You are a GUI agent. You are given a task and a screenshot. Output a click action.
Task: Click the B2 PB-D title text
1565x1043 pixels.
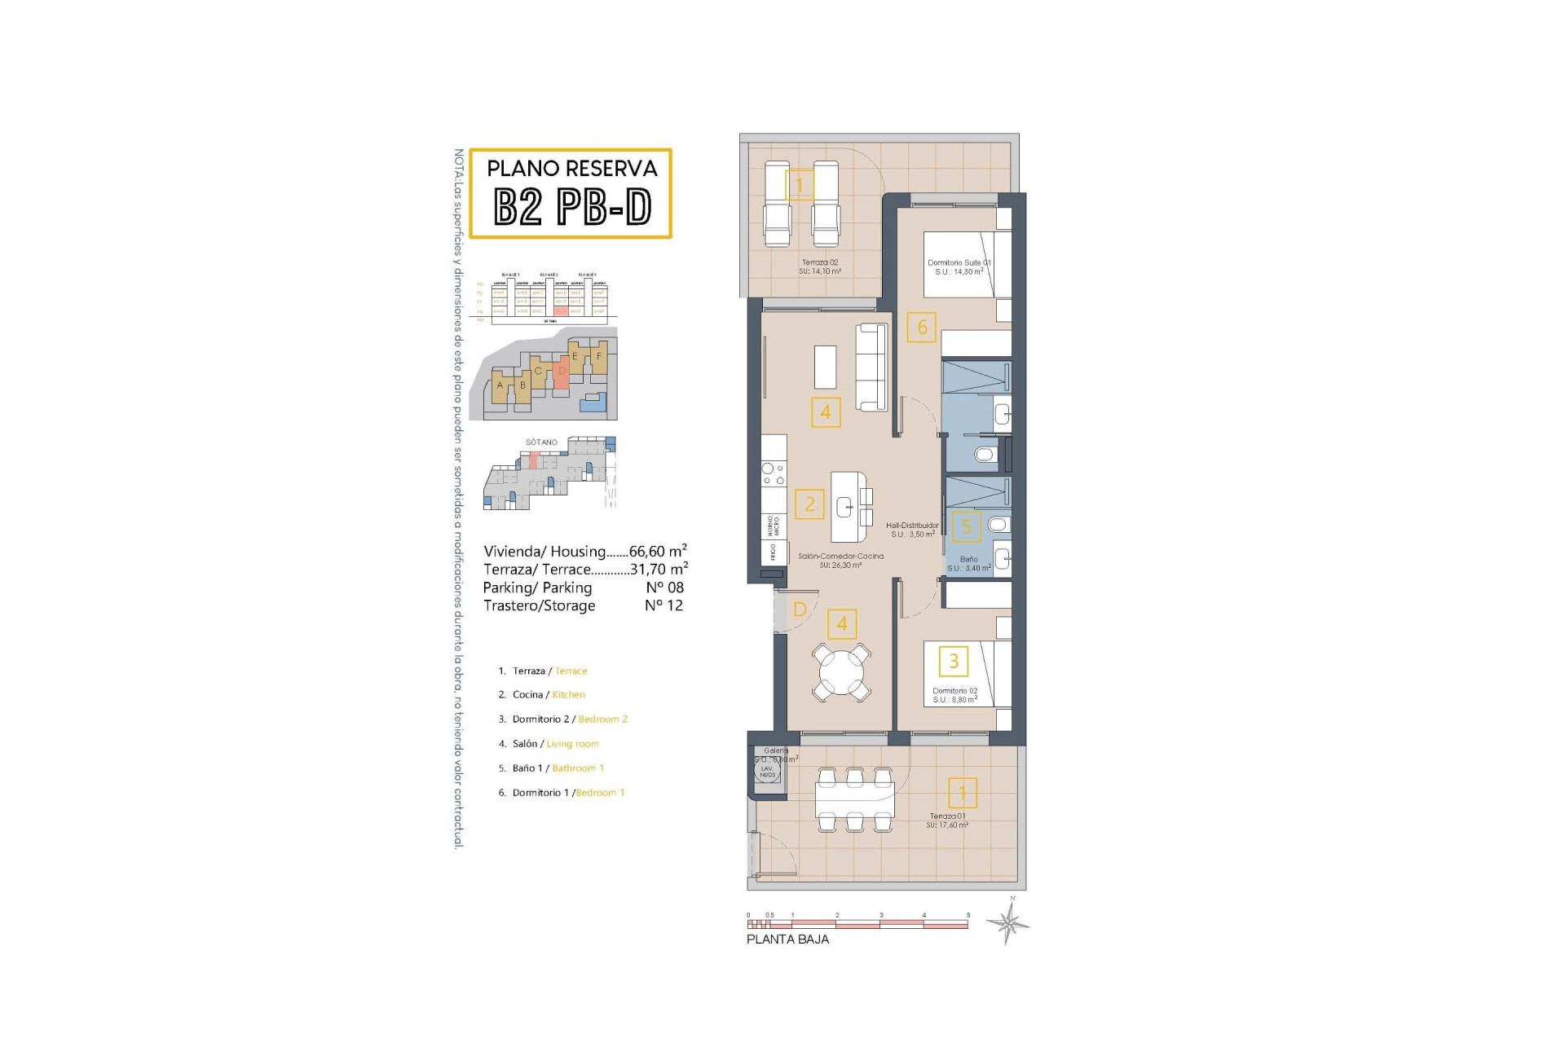pyautogui.click(x=572, y=207)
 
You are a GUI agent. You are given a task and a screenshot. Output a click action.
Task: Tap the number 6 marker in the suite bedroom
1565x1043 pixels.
pyautogui.click(x=922, y=328)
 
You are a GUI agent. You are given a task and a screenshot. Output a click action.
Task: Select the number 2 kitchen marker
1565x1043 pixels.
pyautogui.click(x=809, y=504)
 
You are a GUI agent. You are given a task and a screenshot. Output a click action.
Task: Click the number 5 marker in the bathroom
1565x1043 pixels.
pyautogui.click(x=966, y=526)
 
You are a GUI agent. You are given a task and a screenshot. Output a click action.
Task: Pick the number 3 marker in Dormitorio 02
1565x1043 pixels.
pyautogui.click(x=954, y=661)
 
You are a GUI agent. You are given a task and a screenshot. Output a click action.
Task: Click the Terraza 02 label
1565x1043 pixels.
pyautogui.click(x=819, y=266)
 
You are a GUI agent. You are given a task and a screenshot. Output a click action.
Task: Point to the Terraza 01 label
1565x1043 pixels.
pyautogui.click(x=947, y=820)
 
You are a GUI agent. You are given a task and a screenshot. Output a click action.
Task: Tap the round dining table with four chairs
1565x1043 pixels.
pyautogui.click(x=841, y=671)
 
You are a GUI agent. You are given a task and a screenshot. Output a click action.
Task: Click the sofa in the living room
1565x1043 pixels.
pyautogui.click(x=871, y=367)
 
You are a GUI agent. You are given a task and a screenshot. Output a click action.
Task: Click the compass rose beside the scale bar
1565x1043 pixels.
pyautogui.click(x=1008, y=923)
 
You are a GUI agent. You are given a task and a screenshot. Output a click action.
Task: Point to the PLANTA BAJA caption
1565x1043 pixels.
pyautogui.click(x=787, y=940)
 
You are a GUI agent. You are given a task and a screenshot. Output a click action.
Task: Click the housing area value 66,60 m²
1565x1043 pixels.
pyautogui.click(x=657, y=552)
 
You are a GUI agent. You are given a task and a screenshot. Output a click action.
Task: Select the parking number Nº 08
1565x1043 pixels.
pyautogui.click(x=664, y=588)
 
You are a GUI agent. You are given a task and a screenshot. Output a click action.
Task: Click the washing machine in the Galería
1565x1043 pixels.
pyautogui.click(x=768, y=769)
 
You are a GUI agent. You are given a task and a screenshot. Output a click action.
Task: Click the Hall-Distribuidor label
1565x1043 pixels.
pyautogui.click(x=912, y=530)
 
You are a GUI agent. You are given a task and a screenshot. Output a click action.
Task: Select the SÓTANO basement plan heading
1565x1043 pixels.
pyautogui.click(x=541, y=442)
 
